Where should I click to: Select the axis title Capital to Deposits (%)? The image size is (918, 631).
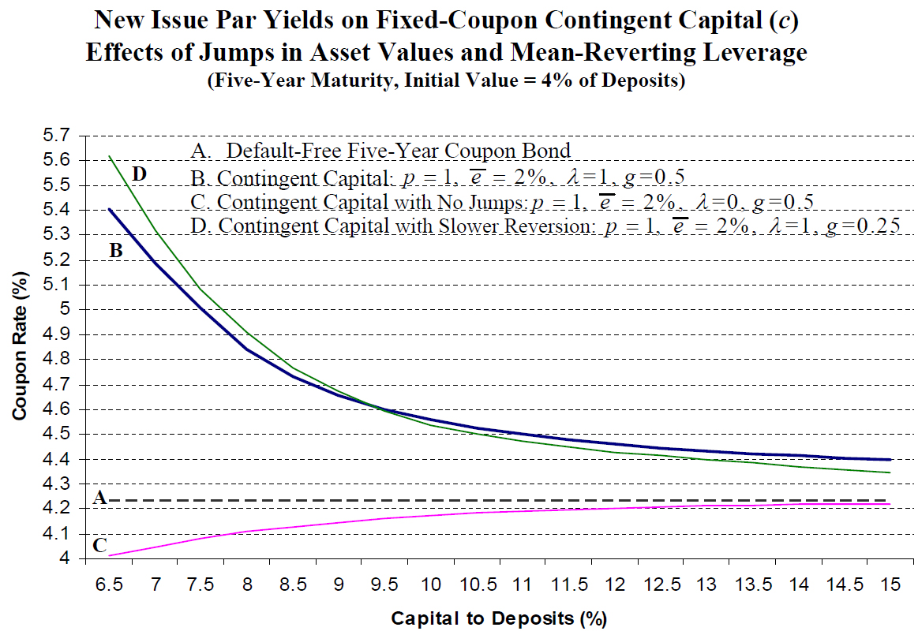pyautogui.click(x=499, y=617)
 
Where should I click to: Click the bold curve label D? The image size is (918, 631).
pyautogui.click(x=140, y=174)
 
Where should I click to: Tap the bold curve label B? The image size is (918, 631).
pyautogui.click(x=115, y=251)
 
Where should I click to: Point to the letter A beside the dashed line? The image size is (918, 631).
pyautogui.click(x=99, y=498)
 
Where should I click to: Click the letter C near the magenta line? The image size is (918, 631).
pyautogui.click(x=99, y=545)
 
